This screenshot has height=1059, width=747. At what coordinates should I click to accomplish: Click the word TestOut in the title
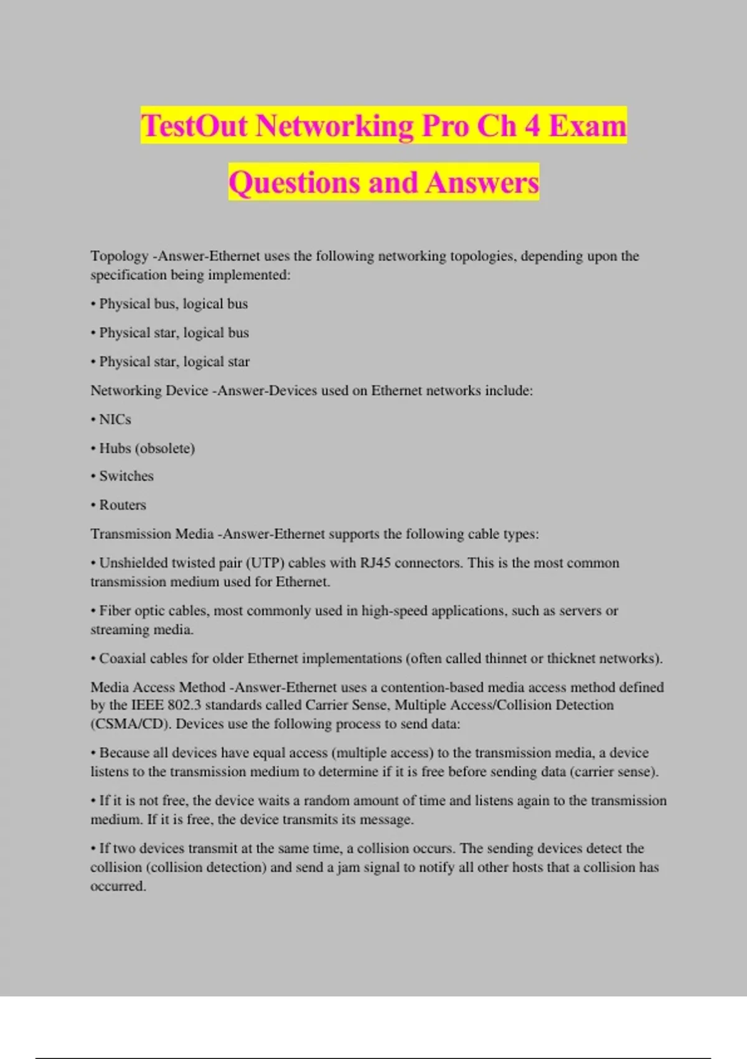194,126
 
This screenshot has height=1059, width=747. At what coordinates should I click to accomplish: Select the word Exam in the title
587,126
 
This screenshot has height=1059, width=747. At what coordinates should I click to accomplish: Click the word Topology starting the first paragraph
119,256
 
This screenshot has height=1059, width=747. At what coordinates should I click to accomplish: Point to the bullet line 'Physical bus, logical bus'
173,304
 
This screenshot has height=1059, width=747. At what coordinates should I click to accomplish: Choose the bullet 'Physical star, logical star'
174,362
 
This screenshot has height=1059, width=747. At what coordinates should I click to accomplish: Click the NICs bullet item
115,420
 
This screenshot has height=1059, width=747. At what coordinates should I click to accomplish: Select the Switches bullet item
126,477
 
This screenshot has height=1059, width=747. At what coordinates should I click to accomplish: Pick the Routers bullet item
122,505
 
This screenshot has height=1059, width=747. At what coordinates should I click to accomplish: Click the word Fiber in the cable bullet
115,611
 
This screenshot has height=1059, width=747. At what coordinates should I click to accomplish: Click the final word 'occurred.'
118,886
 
